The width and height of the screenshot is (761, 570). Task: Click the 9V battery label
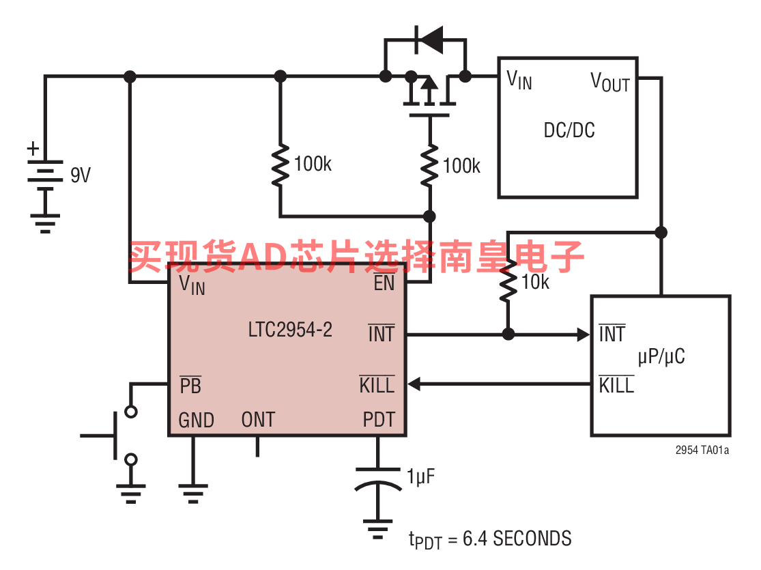(x=81, y=175)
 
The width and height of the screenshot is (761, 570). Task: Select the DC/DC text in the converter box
(x=569, y=130)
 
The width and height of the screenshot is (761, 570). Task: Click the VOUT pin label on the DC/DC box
(x=610, y=81)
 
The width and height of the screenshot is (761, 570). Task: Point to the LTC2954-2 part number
(x=290, y=330)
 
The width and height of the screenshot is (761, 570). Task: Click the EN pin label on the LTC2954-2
(x=384, y=283)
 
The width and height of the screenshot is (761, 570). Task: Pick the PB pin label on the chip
(x=190, y=386)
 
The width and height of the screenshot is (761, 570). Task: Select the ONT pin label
(x=258, y=420)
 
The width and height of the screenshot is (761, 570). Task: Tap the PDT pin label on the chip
(x=379, y=420)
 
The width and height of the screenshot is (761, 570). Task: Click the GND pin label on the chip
(x=196, y=420)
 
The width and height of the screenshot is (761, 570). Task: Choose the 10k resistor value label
(x=535, y=282)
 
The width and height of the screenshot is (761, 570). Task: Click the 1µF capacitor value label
(x=421, y=476)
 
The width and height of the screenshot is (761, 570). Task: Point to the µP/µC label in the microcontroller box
(x=661, y=357)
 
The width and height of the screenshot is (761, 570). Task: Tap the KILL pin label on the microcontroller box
(x=617, y=385)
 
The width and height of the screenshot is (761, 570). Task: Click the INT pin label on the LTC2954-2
(x=382, y=334)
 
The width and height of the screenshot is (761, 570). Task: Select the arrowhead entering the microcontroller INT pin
(x=584, y=334)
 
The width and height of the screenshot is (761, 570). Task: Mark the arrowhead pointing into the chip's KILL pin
(x=414, y=384)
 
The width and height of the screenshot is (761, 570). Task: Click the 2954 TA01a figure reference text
(x=702, y=450)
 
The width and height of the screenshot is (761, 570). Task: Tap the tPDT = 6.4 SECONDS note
(x=490, y=539)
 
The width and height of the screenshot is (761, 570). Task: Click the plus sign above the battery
(x=33, y=149)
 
